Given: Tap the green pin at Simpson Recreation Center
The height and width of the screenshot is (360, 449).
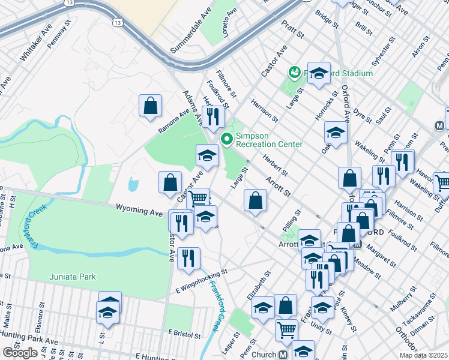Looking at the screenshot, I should tap(227, 140).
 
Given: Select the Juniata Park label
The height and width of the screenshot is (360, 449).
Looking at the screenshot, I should tap(71, 277).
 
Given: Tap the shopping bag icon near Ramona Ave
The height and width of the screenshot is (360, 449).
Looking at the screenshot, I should tap(150, 106).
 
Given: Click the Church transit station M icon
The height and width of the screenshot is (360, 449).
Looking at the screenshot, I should tap(283, 355).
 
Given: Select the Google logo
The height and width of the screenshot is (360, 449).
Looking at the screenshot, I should tap(20, 353).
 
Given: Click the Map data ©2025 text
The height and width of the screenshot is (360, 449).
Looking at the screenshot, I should tap(423, 355).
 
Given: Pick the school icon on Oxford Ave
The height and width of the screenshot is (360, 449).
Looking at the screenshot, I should tap(336, 133).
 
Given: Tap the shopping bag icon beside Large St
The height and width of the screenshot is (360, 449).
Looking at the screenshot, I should tap(256, 202).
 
